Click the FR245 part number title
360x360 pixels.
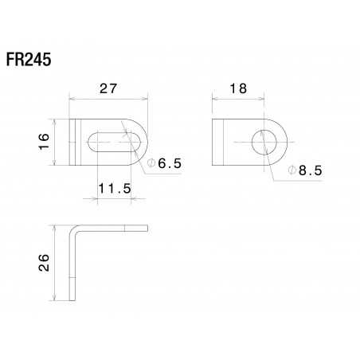pyautogui.click(x=30, y=61)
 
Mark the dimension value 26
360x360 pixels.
pyautogui.click(x=44, y=263)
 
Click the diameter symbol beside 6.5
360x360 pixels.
pyautogui.click(x=151, y=163)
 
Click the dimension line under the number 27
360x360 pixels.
pyautogui.click(x=109, y=98)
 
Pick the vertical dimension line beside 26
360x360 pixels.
pyautogui.click(x=54, y=263)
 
